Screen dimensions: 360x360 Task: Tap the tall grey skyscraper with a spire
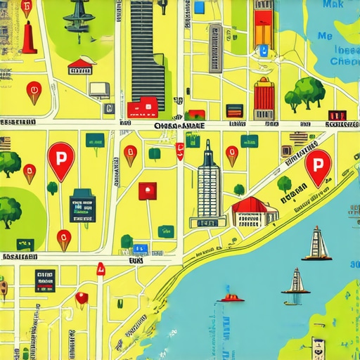click(x=209, y=184)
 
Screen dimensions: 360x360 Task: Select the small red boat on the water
click(x=231, y=297)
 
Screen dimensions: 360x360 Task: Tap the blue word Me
click(x=325, y=35)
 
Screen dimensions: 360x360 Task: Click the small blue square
click(x=199, y=8)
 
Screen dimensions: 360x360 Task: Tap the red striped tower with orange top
click(x=264, y=99)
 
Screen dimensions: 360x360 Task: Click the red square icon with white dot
click(x=147, y=190)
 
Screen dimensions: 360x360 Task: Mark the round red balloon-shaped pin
click(x=82, y=298)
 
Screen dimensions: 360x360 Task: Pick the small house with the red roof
click(x=82, y=67)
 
